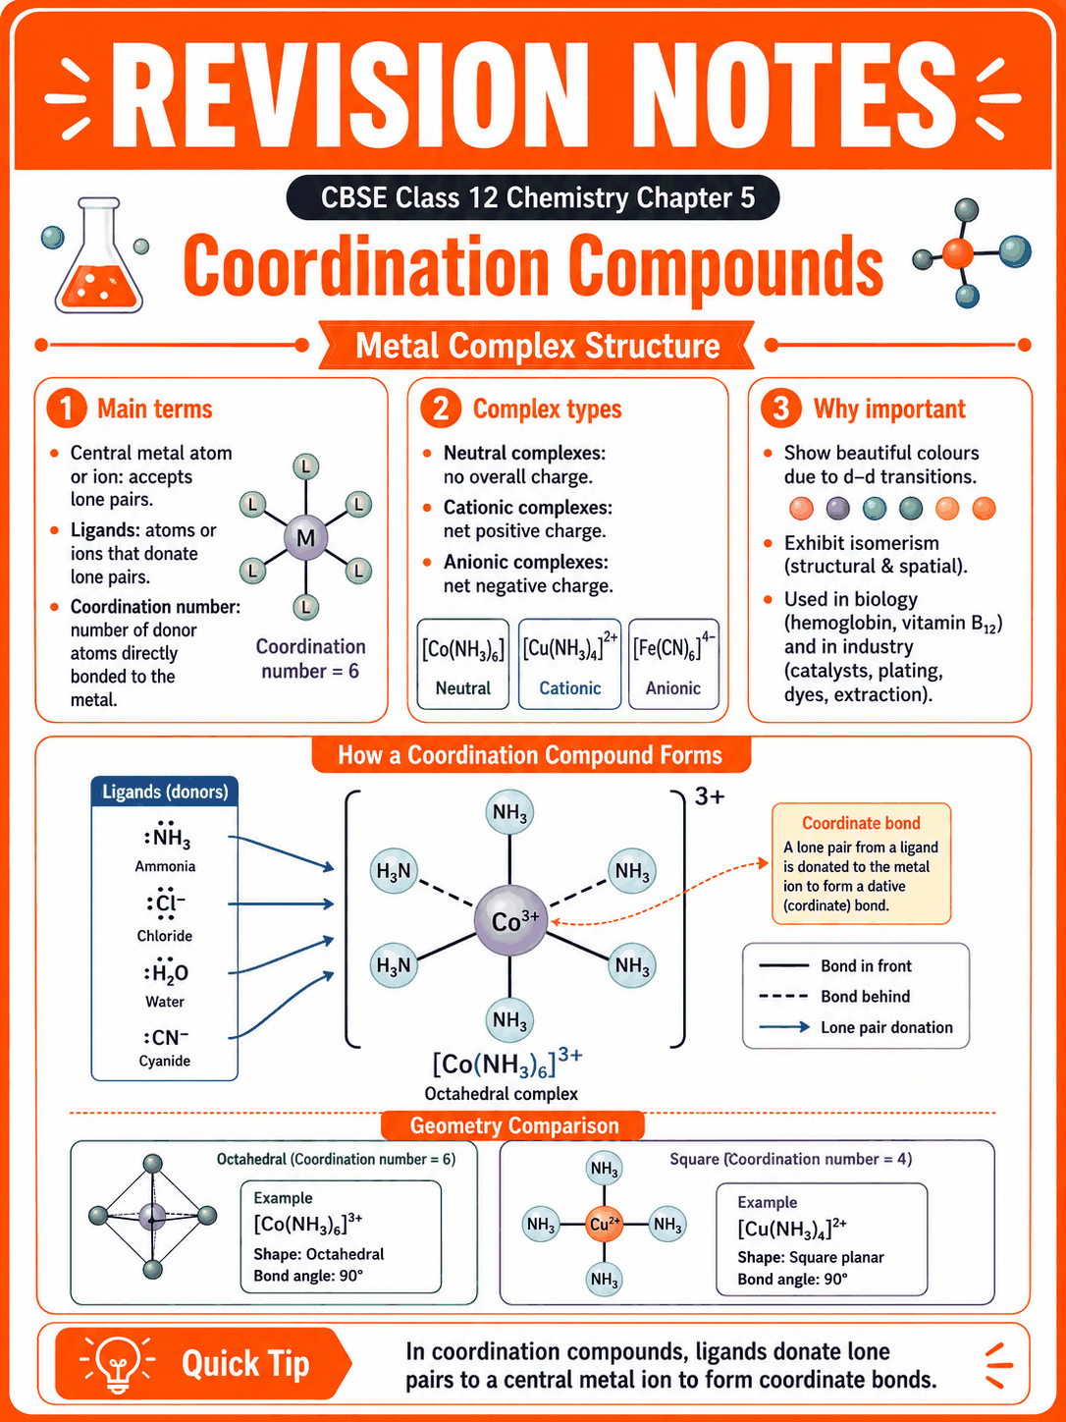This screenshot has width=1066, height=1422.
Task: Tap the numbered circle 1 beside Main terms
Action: point(67,409)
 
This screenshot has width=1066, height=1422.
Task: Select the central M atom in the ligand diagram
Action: point(305,537)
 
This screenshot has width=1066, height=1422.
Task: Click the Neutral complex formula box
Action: point(462,664)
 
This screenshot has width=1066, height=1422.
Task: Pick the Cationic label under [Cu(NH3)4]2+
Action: point(569,688)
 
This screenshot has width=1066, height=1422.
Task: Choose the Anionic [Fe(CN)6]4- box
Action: point(673,664)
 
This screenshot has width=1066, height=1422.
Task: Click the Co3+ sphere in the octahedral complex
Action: point(510,920)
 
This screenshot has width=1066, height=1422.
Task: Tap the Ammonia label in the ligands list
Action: point(165,866)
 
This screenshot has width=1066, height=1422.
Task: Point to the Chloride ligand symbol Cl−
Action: point(166,903)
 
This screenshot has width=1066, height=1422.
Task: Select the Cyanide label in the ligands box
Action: point(164,1061)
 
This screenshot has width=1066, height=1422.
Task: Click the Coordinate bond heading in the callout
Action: point(861,823)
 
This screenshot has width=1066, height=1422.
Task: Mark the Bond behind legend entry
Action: point(835,997)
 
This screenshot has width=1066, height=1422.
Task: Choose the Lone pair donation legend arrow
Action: point(784,1027)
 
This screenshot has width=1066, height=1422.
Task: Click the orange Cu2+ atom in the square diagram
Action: point(604,1224)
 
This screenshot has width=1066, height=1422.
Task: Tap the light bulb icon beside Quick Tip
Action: point(117,1364)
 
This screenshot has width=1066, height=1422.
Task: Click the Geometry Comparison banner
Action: point(514,1126)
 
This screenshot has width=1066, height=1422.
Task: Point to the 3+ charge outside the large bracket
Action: point(710,796)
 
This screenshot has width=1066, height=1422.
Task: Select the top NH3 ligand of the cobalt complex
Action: point(509,812)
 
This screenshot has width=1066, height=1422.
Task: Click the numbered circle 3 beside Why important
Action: point(780,409)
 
